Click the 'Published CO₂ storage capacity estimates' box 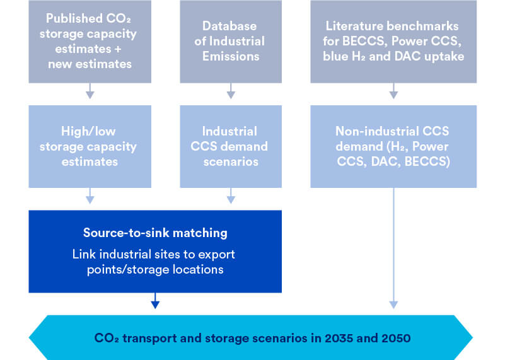[x=90, y=42]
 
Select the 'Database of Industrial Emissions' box [x=231, y=42]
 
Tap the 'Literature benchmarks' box [x=393, y=42]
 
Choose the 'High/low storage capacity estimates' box [x=90, y=146]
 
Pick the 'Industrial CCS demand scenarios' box [x=231, y=146]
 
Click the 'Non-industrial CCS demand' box [x=393, y=146]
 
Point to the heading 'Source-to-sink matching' [x=155, y=233]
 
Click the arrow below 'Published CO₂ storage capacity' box [x=90, y=91]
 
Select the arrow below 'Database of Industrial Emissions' [x=231, y=91]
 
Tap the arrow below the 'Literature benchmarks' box [x=393, y=91]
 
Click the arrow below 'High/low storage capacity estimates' [x=90, y=196]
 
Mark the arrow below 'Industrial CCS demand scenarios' [x=231, y=196]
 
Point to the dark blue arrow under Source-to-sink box [x=155, y=301]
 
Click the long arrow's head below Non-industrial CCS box [x=393, y=305]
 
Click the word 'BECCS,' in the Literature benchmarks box [x=364, y=41]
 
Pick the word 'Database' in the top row [x=229, y=26]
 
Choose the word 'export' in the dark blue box [x=216, y=255]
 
